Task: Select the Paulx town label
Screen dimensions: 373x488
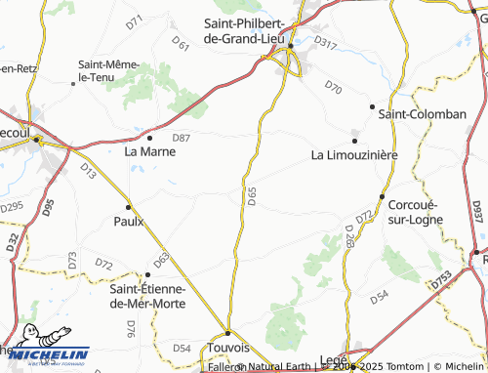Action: tap(129, 221)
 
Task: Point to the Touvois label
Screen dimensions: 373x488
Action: tap(229, 347)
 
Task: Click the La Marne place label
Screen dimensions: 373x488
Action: tap(150, 151)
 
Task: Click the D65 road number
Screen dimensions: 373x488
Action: tap(252, 195)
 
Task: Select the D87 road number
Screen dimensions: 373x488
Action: tap(181, 139)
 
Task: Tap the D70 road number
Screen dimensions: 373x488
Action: tap(334, 88)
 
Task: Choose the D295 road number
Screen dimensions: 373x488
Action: tap(12, 207)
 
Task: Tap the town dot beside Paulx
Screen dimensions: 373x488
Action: tap(128, 207)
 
